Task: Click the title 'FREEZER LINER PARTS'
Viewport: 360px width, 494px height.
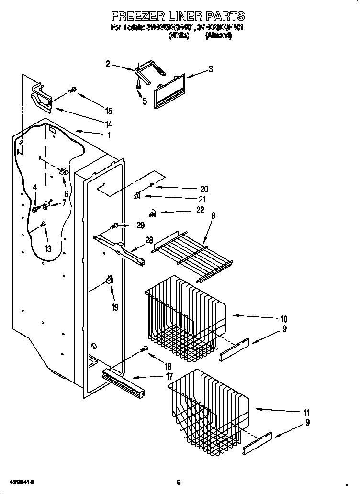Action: coord(178,16)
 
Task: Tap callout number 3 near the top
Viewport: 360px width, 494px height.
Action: coord(210,69)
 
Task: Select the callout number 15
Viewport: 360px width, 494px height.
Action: coord(109,111)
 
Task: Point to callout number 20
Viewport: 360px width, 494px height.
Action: coord(204,189)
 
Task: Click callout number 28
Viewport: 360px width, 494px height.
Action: coord(149,240)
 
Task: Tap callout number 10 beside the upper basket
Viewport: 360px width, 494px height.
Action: coord(283,319)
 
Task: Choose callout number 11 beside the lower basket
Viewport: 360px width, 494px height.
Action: coord(306,413)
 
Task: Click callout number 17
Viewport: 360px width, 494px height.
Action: coord(169,376)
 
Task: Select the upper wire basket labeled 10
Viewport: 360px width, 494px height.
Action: coord(184,316)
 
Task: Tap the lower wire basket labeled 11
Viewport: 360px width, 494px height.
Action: coord(208,407)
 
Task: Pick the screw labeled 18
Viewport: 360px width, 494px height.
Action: coord(143,350)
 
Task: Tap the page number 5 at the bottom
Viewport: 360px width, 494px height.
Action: coord(178,482)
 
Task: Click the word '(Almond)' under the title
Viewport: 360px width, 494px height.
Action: coord(218,35)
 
